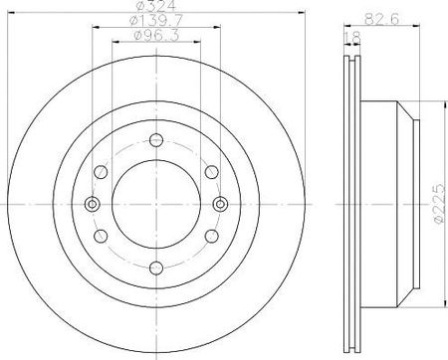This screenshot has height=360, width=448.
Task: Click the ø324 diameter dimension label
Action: pyautogui.click(x=155, y=5)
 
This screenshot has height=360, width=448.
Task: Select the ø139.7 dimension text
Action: pyautogui.click(x=156, y=20)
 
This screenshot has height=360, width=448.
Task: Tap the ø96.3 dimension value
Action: pyautogui.click(x=156, y=35)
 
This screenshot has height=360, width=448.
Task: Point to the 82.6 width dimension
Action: pyautogui.click(x=381, y=19)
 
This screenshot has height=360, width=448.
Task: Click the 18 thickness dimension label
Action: pyautogui.click(x=352, y=38)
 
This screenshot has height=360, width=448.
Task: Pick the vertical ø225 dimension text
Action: pyautogui.click(x=438, y=203)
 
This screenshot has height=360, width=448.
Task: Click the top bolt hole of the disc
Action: pyautogui.click(x=156, y=140)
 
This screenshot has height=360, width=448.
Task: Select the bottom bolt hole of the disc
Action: pyautogui.click(x=156, y=268)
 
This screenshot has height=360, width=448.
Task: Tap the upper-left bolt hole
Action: pyautogui.click(x=101, y=172)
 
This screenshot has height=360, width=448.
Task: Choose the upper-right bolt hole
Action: pyautogui.click(x=212, y=172)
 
